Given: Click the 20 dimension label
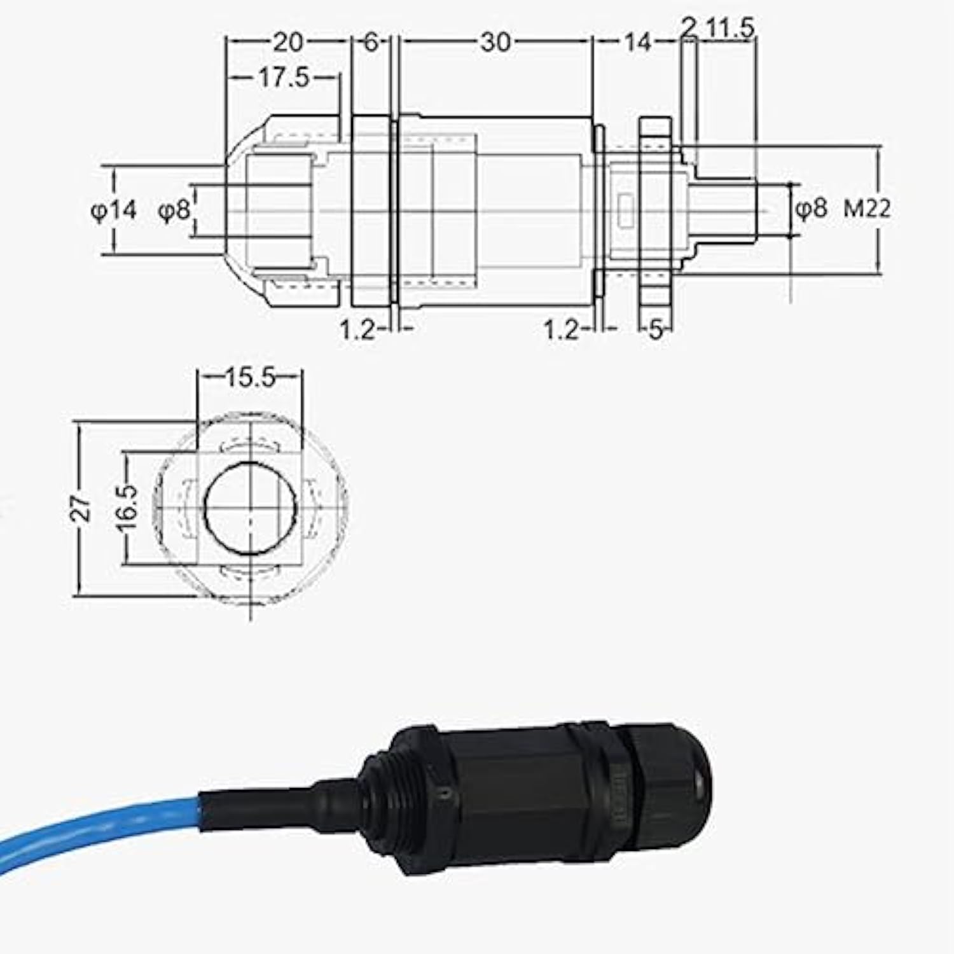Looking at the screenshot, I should pos(287,43).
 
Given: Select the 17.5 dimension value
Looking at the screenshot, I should pos(283,78).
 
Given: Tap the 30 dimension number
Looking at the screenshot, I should pos(495,43).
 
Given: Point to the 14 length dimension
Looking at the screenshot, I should pos(637,43).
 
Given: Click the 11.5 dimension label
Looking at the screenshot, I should pos(731,28).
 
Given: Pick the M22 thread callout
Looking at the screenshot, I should pos(867,209).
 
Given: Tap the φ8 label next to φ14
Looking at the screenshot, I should pos(174,210).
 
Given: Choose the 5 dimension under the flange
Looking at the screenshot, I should pos(656,329).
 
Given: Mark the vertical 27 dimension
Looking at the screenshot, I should pos(81,509).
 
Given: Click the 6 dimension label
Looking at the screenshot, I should pos(371,43).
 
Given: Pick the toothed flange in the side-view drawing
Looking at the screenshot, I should pos(655,210).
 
